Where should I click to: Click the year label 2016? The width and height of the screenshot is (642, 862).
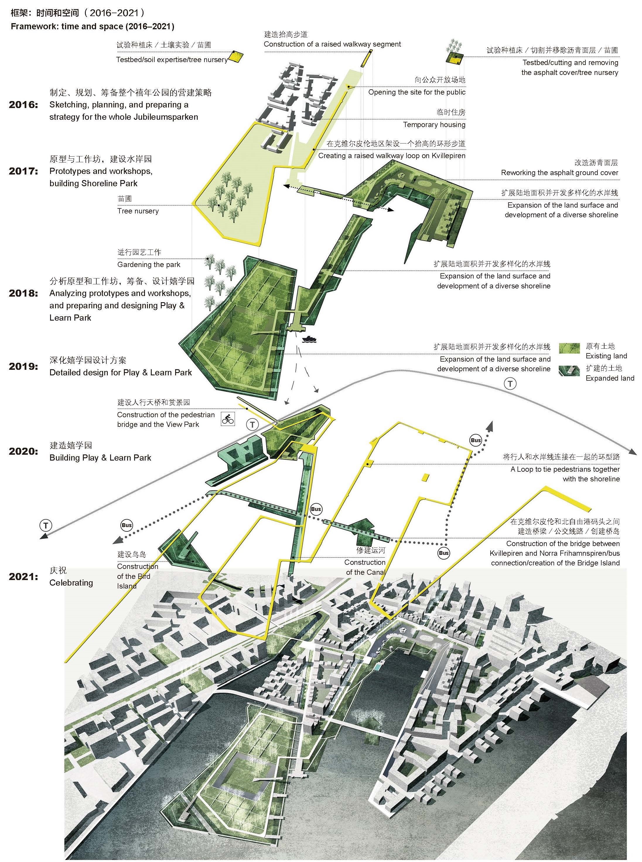coord(24,105)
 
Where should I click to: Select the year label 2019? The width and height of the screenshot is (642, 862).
coord(24,367)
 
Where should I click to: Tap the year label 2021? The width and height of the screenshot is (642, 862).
coord(24,577)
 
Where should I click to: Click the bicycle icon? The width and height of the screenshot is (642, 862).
coord(228,419)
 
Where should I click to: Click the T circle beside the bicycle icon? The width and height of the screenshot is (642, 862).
coord(252,424)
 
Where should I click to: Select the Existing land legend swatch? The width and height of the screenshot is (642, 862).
coord(569,348)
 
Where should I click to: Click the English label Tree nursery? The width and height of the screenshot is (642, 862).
coord(138,211)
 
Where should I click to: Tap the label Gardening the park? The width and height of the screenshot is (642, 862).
coord(149,264)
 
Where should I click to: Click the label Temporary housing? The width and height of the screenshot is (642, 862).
coord(434,125)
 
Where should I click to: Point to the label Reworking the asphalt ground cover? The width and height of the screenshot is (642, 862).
coord(560,173)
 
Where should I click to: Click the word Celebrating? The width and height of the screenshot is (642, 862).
coord(71,583)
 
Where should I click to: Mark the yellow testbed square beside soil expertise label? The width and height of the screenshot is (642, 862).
coord(234,57)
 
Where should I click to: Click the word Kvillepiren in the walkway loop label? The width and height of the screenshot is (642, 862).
coord(448,156)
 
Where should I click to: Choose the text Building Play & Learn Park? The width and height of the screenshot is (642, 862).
coord(100,458)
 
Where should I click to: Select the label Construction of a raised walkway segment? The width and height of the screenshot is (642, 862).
coord(332,44)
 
